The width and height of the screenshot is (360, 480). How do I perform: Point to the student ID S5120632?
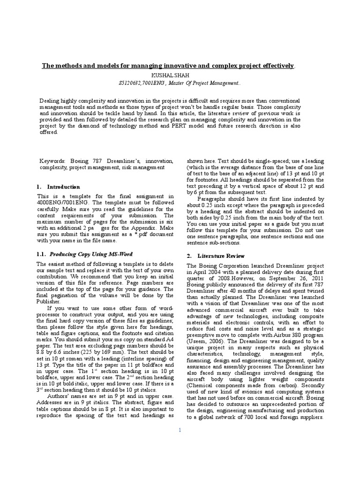click(132, 83)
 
